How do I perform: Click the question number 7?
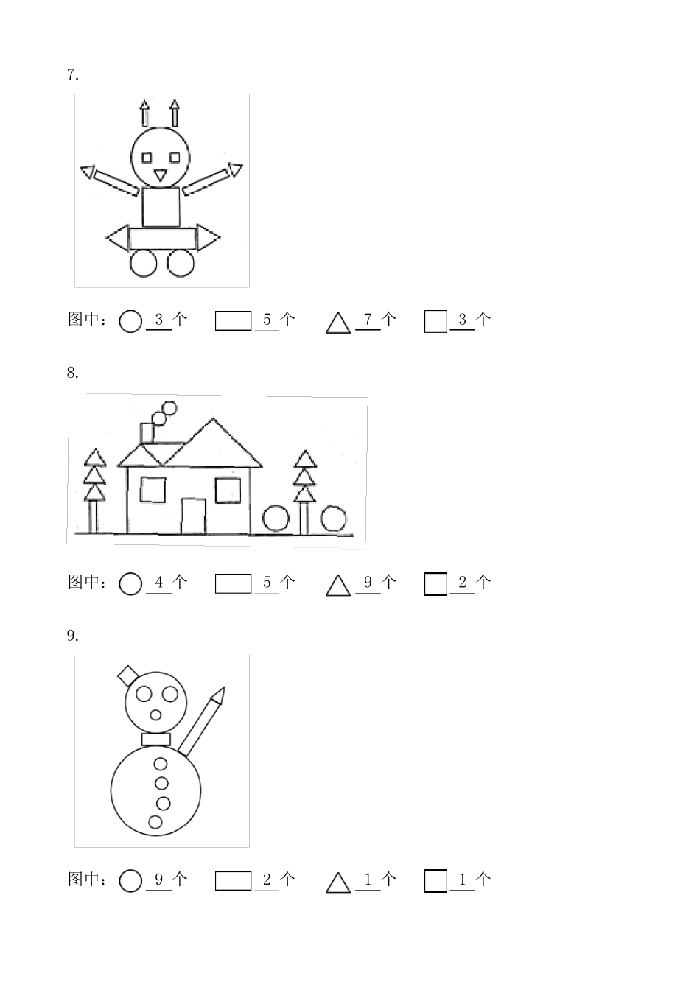[72, 74]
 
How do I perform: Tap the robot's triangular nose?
[160, 175]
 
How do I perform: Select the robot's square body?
[161, 207]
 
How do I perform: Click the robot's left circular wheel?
[144, 263]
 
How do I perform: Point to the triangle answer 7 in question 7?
[368, 320]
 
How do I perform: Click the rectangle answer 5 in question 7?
[267, 320]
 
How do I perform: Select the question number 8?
[72, 373]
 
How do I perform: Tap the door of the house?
[193, 516]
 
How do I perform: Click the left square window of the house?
[153, 489]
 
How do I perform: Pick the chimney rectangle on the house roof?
[147, 433]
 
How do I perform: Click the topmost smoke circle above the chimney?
[169, 407]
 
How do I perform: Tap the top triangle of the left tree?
[95, 458]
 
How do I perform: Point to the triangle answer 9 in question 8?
[368, 583]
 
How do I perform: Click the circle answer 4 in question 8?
[159, 583]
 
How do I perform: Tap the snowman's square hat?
[128, 675]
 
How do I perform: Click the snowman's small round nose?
[156, 715]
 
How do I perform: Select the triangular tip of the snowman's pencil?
[218, 695]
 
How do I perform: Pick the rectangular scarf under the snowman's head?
[156, 739]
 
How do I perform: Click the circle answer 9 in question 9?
[159, 880]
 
